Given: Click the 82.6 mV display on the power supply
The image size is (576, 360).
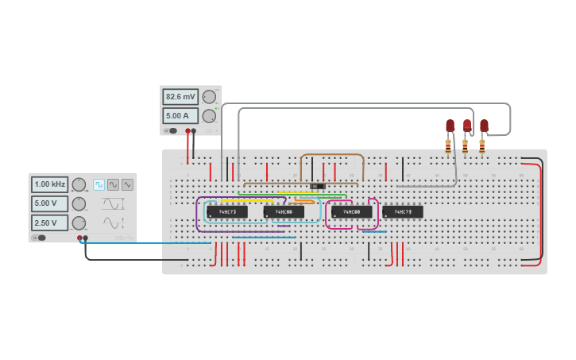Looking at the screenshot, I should (x=180, y=97).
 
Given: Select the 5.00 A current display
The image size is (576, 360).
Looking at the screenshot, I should (x=180, y=116).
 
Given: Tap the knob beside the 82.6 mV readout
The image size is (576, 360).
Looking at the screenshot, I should (x=209, y=97).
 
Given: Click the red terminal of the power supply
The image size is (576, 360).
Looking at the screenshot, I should (x=187, y=131).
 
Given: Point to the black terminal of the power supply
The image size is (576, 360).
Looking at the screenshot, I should (x=194, y=131).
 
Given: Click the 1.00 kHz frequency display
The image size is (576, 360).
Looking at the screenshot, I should (x=49, y=184).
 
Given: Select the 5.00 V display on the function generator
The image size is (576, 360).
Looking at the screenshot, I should (x=49, y=203).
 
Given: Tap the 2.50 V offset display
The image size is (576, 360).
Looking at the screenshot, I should (x=49, y=223).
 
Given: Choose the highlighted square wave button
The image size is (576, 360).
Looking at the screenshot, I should (x=99, y=184).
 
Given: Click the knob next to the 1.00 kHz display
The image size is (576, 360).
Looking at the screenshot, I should (x=79, y=184).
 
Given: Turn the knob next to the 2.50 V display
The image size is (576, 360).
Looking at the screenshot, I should (x=79, y=223).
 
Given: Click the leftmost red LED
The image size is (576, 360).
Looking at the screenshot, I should (x=450, y=126).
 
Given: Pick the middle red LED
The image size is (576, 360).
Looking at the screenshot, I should (x=467, y=126).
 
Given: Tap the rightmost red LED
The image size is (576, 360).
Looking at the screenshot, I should (x=484, y=126).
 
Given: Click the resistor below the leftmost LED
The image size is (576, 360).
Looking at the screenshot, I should (x=448, y=145).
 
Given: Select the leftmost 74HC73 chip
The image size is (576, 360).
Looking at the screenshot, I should (x=226, y=212).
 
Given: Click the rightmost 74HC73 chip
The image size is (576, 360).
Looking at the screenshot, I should (x=403, y=212).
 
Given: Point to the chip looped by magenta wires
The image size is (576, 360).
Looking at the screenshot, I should (x=351, y=212).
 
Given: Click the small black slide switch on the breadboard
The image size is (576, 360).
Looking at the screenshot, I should (x=318, y=187).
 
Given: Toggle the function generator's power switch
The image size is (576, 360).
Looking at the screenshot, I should (x=38, y=238).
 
